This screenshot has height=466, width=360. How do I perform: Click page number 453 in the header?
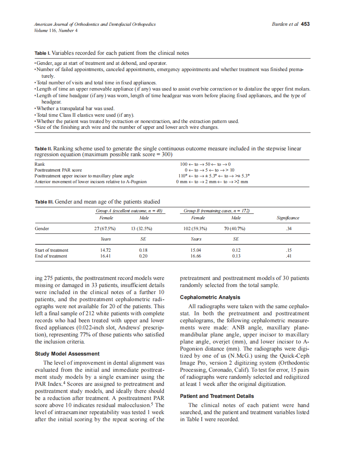click(x=305, y=24)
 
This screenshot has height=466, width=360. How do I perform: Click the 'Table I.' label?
click(x=42, y=53)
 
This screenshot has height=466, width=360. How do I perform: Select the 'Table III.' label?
click(x=44, y=202)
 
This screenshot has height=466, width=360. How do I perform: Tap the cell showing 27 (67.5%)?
click(x=105, y=228)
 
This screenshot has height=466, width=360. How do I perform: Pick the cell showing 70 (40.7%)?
click(x=235, y=228)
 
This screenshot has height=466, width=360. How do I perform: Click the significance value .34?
click(x=288, y=228)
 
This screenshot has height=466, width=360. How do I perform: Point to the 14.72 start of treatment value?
click(x=106, y=250)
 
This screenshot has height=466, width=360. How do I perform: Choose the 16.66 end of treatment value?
click(x=196, y=256)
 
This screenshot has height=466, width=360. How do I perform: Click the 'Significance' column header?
click(x=288, y=218)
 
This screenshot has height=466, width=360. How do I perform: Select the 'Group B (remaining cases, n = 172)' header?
click(x=216, y=211)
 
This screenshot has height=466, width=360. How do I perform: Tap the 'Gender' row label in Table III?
click(x=42, y=228)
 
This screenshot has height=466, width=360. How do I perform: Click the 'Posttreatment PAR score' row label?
click(x=58, y=170)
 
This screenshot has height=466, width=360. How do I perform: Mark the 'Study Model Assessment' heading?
click(x=67, y=353)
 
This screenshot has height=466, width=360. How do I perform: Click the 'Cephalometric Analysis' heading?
click(x=210, y=297)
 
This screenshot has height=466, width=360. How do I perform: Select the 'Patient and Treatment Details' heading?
click(x=217, y=396)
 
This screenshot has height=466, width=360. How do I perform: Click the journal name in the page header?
click(x=95, y=24)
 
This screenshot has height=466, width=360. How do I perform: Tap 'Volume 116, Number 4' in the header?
click(x=55, y=30)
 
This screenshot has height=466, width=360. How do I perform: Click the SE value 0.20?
click(x=143, y=256)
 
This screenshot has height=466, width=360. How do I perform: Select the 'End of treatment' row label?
click(x=51, y=256)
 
